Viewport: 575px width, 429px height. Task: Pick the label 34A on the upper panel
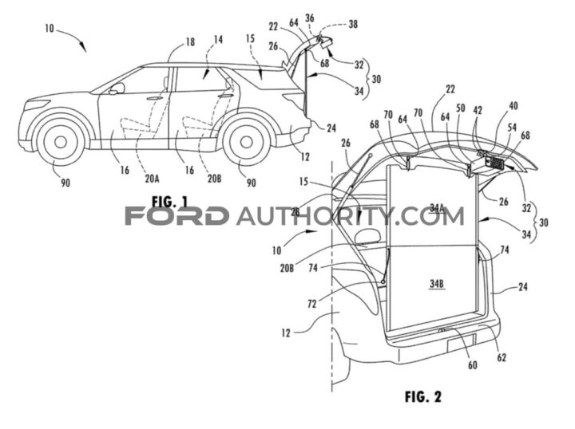tap(437, 208)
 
